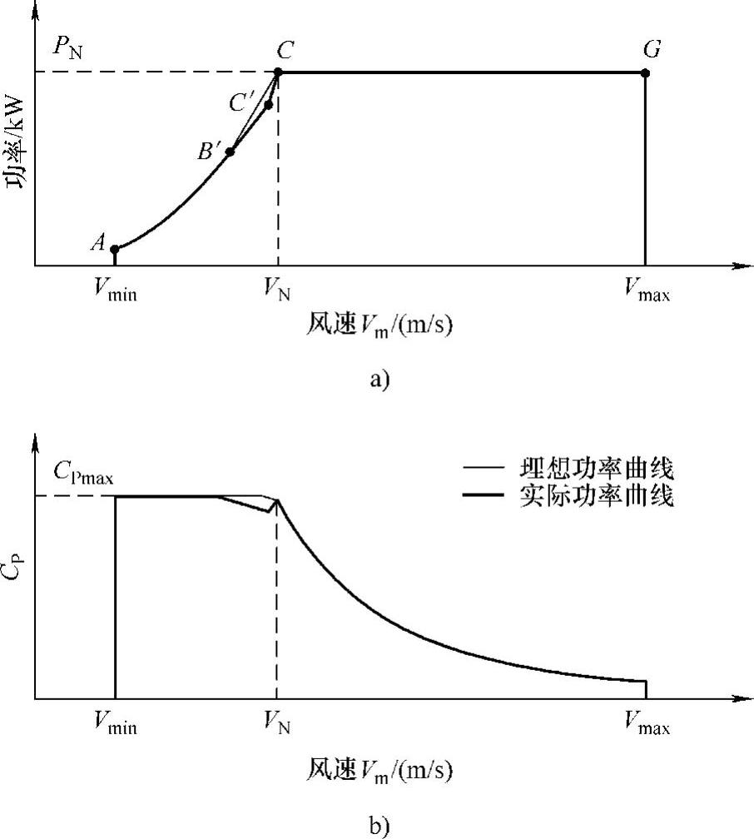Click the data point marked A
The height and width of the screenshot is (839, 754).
(115, 249)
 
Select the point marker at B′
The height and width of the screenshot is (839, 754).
(230, 151)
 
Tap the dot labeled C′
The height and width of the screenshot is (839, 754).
(268, 104)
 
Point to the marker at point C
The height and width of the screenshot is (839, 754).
(278, 72)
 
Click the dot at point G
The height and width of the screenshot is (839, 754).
(645, 72)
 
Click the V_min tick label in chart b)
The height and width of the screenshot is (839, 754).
(115, 726)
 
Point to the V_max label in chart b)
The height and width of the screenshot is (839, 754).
(647, 726)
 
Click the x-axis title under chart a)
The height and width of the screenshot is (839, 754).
(379, 325)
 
